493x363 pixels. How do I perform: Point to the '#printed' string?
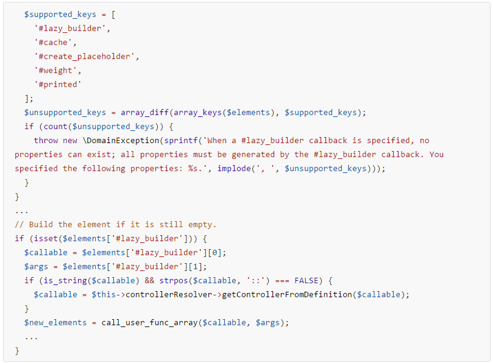coord(57,85)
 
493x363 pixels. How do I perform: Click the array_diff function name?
coord(144,113)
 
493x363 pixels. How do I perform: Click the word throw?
coord(46,141)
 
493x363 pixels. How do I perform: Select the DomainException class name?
coord(123,141)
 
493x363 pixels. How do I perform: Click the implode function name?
coord(234,169)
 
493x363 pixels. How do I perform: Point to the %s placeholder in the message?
coord(193,169)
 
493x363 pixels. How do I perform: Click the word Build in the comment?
coord(41,224)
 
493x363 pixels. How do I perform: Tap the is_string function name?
coord(65,280)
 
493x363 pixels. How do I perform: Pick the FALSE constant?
coord(307,280)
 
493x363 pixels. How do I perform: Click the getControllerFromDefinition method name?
coord(287,295)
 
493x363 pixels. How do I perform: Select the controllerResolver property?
coord(169,295)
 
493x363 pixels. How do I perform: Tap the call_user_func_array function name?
coord(149,322)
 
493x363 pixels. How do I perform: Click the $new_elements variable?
coord(55,322)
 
